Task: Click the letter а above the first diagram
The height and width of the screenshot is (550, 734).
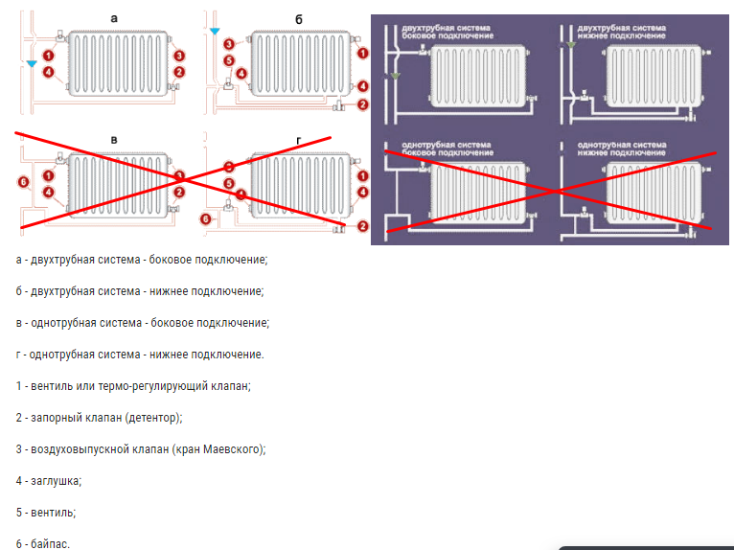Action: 114,18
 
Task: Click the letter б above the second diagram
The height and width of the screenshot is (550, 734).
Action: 298,19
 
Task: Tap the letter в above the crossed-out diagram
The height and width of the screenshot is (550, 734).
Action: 114,141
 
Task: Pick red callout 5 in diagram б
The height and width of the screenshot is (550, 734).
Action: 228,60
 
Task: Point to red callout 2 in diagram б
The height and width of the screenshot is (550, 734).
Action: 362,104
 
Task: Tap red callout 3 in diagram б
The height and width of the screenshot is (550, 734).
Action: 228,45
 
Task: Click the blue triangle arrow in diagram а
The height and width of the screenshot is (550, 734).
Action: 33,64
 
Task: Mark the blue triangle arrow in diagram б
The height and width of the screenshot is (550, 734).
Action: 216,32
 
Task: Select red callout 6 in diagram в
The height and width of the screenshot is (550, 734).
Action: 24,181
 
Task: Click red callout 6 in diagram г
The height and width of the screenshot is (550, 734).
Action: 205,218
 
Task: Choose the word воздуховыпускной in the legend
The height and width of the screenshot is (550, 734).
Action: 76,448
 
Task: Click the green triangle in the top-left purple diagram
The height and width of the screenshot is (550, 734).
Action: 393,74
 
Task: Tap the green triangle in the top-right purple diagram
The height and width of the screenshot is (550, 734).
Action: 571,44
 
